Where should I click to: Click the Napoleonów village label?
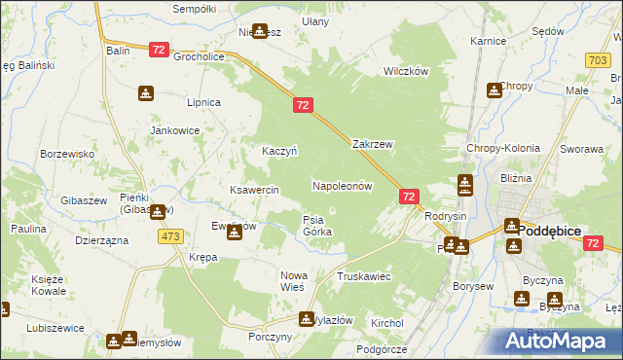(342, 185)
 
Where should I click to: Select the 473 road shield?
(171, 236)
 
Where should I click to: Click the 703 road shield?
(600, 60)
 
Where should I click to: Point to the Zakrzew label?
(372, 144)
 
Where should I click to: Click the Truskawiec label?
(363, 276)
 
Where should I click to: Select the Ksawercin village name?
(254, 190)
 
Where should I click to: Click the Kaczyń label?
(279, 151)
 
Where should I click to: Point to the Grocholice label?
(200, 56)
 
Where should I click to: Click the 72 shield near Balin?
(160, 49)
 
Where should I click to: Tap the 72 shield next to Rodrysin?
(409, 197)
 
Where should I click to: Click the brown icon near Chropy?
(495, 90)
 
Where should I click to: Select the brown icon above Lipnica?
(145, 93)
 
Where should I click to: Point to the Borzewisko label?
(67, 154)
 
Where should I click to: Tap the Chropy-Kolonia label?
(502, 149)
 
